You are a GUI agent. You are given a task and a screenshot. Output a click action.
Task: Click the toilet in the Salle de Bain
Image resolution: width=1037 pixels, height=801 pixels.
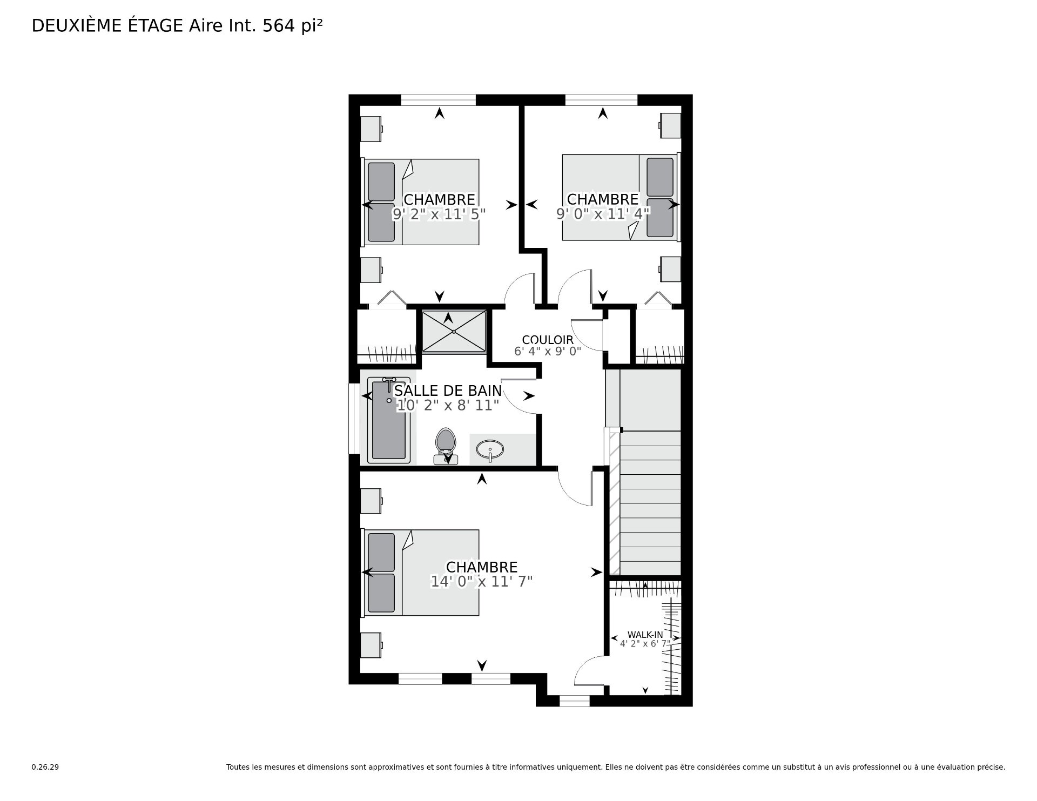pyautogui.click(x=446, y=446)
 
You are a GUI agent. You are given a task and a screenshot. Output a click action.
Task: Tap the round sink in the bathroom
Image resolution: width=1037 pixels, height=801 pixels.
pyautogui.click(x=490, y=449)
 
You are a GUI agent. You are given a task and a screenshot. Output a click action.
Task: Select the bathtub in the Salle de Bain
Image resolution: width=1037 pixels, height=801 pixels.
pyautogui.click(x=389, y=420)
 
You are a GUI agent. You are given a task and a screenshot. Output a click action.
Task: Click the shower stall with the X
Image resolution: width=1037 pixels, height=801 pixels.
pyautogui.click(x=454, y=332)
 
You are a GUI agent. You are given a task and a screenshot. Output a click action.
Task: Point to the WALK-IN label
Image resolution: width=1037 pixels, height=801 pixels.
pyautogui.click(x=645, y=635)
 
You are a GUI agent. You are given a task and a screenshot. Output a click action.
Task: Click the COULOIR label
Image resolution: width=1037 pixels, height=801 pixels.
pyautogui.click(x=548, y=340)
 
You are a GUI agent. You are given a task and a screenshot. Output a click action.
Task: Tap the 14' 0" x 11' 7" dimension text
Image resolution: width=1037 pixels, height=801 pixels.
pyautogui.click(x=482, y=581)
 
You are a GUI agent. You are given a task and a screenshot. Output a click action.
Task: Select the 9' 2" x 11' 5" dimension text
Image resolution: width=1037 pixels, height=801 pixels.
pyautogui.click(x=439, y=214)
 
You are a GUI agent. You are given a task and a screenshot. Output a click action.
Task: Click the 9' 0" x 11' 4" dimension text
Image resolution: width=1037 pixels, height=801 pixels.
pyautogui.click(x=603, y=214)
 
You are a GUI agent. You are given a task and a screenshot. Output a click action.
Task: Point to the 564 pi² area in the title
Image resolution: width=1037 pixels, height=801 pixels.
pyautogui.click(x=293, y=25)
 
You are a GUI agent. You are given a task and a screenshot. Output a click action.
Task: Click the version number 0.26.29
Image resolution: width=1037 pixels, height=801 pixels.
pyautogui.click(x=45, y=767)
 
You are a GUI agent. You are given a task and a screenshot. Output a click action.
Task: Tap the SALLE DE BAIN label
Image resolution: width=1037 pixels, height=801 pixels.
pyautogui.click(x=448, y=391)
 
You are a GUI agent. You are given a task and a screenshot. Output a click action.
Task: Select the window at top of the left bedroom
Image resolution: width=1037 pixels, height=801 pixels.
pyautogui.click(x=439, y=100)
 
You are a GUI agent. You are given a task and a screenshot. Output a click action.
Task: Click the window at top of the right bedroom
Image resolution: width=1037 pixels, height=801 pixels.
pyautogui.click(x=601, y=100)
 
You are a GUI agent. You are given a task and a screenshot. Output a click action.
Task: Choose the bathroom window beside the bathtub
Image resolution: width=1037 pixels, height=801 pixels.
pyautogui.click(x=354, y=419)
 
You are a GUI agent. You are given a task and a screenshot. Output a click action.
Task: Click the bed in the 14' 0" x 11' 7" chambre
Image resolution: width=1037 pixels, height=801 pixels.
pyautogui.click(x=421, y=573)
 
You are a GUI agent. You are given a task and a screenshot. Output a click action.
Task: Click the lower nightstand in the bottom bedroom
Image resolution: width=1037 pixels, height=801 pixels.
pyautogui.click(x=372, y=645)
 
